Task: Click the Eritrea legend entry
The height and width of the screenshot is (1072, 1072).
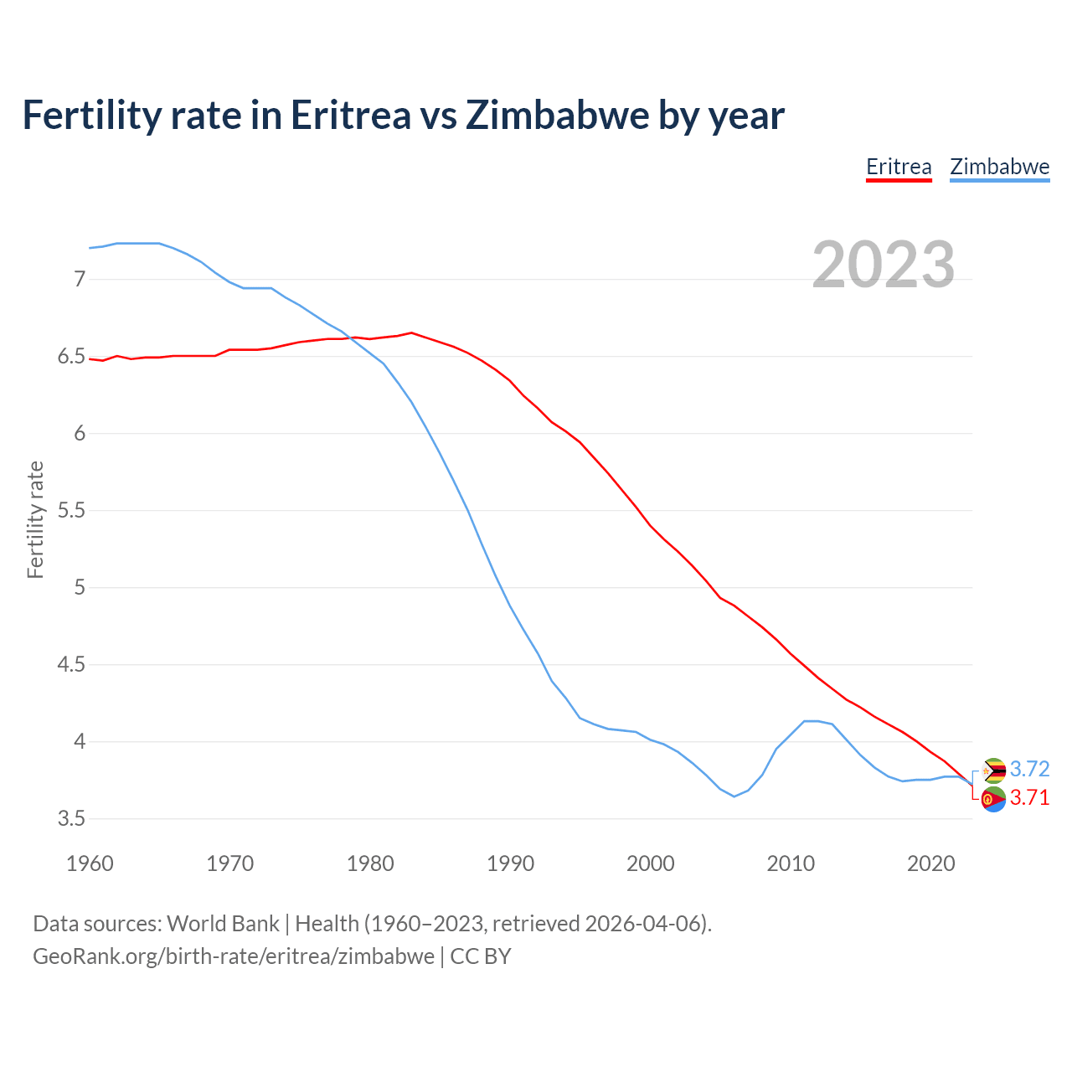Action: coord(899,167)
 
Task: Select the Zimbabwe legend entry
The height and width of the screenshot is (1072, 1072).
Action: coord(999,167)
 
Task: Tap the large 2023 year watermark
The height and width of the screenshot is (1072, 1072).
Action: coord(884,265)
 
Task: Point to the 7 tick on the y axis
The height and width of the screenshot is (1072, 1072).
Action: coord(80,279)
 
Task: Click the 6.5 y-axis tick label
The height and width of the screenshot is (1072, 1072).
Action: coord(71,357)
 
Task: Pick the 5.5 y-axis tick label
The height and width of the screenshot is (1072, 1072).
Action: coord(71,511)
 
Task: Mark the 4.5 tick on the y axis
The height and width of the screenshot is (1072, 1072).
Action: coord(71,665)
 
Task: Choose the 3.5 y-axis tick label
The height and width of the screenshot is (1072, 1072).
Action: coord(71,819)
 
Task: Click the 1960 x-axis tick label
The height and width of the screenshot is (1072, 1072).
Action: coord(90,863)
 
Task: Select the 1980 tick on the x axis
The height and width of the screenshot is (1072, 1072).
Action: coord(370,863)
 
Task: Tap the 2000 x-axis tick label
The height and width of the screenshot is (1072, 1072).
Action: coord(651,863)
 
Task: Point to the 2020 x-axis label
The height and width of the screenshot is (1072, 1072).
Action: coord(930,863)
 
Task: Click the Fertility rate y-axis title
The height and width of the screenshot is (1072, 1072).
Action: coord(35,519)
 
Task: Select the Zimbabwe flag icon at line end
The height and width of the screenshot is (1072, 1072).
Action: coord(993,770)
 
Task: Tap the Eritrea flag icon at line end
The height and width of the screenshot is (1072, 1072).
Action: coord(993,800)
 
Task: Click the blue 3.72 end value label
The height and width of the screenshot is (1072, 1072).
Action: coord(1029,769)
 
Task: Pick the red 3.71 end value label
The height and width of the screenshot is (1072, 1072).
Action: coord(1029,798)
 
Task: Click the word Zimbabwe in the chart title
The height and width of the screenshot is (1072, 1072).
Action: coord(557,115)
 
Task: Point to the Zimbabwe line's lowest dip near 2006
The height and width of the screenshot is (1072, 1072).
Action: coord(734,796)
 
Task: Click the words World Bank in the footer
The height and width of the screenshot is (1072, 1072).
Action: coord(223,924)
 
